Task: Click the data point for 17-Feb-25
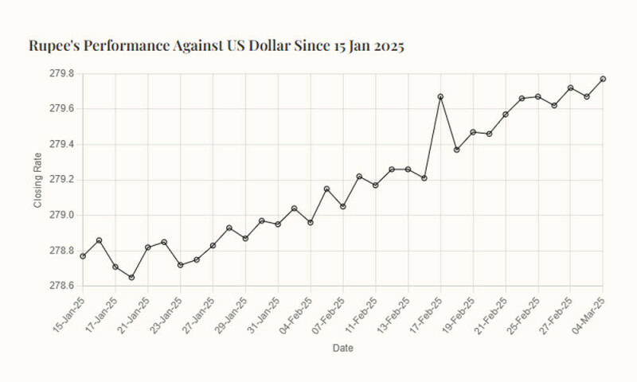pyautogui.click(x=440, y=97)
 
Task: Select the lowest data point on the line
pyautogui.click(x=131, y=277)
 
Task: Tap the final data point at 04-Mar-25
pyautogui.click(x=603, y=79)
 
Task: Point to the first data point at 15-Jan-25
pyautogui.click(x=83, y=255)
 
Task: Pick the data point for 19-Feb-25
pyautogui.click(x=473, y=132)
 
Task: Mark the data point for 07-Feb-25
pyautogui.click(x=342, y=206)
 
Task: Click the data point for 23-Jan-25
pyautogui.click(x=180, y=265)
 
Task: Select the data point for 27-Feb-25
pyautogui.click(x=570, y=88)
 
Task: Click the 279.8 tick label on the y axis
pyautogui.click(x=61, y=73)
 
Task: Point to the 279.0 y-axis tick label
pyautogui.click(x=61, y=215)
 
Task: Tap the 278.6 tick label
pyautogui.click(x=61, y=286)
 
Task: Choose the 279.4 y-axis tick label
pyautogui.click(x=61, y=144)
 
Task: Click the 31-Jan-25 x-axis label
pyautogui.click(x=264, y=314)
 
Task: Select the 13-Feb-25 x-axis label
pyautogui.click(x=393, y=314)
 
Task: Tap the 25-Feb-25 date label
pyautogui.click(x=523, y=314)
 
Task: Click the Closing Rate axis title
pyautogui.click(x=37, y=180)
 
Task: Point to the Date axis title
pyautogui.click(x=342, y=348)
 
